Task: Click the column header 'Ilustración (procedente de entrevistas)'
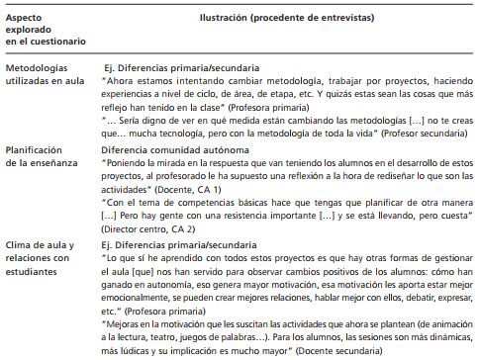click(x=287, y=16)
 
